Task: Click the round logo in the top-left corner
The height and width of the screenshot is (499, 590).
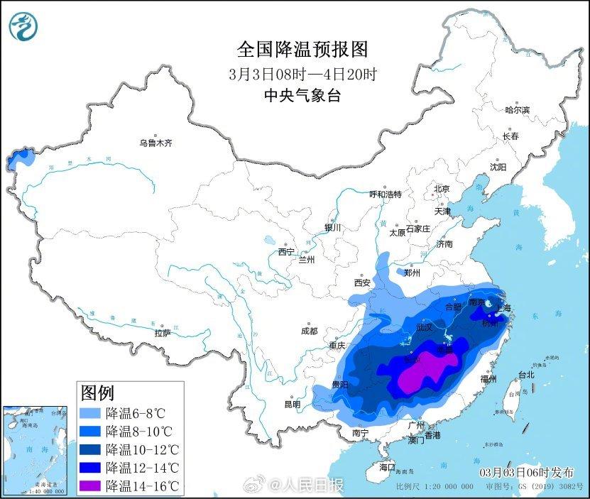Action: point(23,26)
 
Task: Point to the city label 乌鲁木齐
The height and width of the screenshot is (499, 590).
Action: point(155,143)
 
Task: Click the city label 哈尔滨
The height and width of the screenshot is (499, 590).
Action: point(517,110)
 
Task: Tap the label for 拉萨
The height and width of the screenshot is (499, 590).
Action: point(163,333)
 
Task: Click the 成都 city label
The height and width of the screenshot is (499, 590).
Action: point(309,331)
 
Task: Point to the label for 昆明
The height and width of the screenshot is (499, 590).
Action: point(293,405)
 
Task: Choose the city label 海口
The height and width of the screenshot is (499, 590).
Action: point(386,468)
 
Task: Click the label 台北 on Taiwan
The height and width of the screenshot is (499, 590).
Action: point(526,375)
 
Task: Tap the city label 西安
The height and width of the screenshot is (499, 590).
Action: point(362,283)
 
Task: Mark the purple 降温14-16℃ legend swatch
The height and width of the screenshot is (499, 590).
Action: point(90,486)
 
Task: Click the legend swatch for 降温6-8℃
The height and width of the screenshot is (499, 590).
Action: point(90,412)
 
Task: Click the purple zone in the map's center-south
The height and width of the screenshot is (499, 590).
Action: point(426,369)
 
